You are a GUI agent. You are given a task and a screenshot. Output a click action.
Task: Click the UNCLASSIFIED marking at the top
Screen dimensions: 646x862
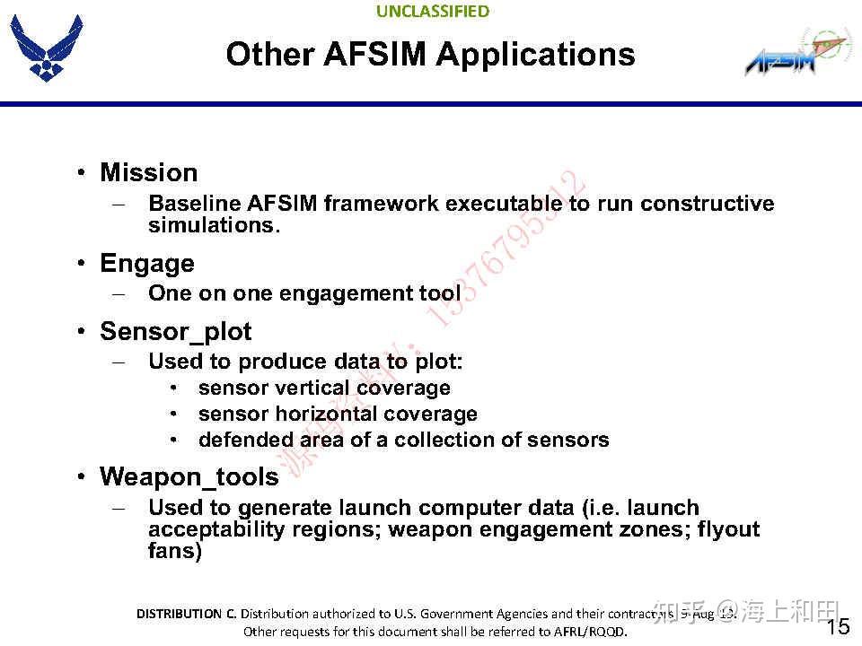[x=433, y=12]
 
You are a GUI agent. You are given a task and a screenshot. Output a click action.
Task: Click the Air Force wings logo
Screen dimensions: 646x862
[x=46, y=49]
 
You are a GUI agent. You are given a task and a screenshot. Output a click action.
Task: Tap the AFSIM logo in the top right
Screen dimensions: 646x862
[x=795, y=55]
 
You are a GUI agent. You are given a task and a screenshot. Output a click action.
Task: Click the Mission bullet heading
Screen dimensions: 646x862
[x=148, y=172]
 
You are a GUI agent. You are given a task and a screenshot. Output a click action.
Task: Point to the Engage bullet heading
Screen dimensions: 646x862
[x=146, y=264]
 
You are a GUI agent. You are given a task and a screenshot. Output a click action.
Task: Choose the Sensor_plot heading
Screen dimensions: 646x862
[x=175, y=332]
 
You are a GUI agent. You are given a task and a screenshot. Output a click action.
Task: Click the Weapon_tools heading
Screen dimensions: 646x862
[x=189, y=476]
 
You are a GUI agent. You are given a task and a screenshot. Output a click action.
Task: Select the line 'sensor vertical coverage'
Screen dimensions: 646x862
[x=324, y=388]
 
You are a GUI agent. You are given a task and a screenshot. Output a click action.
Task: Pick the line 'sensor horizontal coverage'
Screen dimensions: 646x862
[x=338, y=415]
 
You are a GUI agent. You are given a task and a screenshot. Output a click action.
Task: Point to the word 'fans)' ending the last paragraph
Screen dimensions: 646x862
[x=175, y=551]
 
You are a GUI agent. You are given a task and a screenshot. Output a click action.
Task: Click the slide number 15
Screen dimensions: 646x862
[x=837, y=626]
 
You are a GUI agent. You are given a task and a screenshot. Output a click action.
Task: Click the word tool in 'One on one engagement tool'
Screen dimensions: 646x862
[x=439, y=293]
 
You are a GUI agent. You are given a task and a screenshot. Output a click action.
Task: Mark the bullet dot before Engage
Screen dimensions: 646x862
[x=81, y=264]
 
